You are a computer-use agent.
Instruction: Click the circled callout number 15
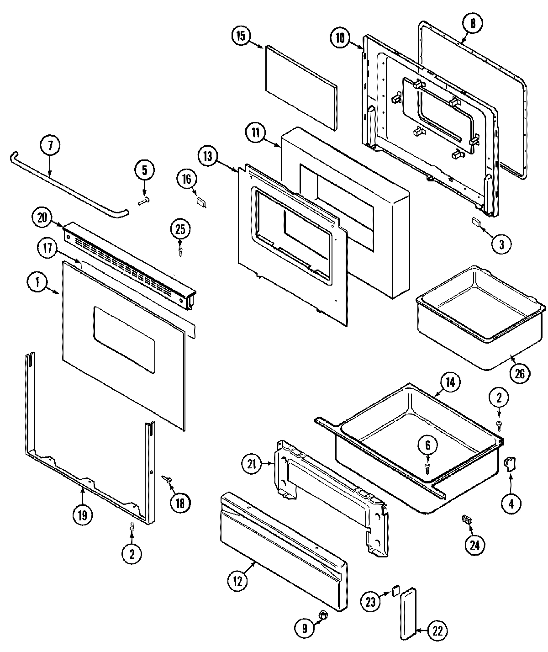click(241, 36)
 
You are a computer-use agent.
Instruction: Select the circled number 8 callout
click(473, 23)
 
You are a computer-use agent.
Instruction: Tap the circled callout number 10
click(341, 37)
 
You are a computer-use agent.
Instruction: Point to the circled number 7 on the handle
click(50, 146)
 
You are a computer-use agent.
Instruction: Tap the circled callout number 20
click(42, 218)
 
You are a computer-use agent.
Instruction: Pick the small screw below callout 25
click(181, 251)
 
